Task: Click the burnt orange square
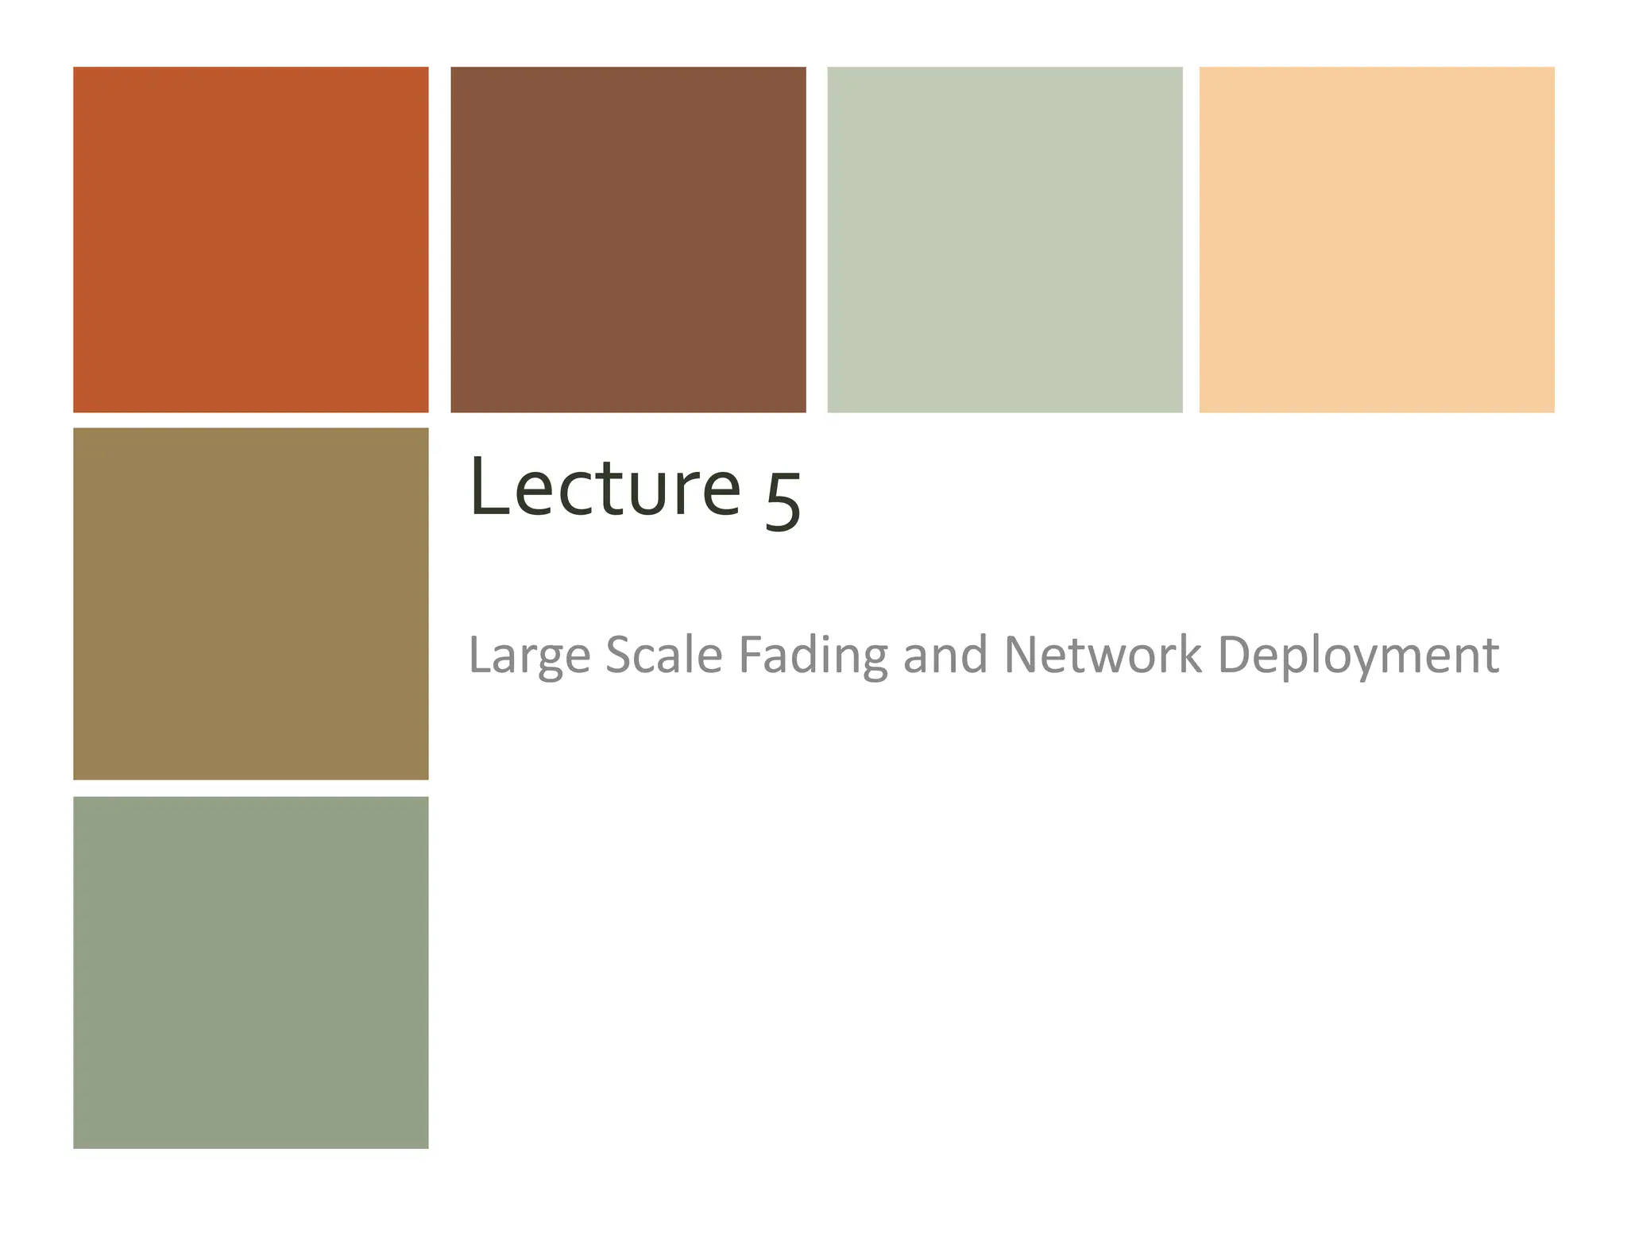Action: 250,239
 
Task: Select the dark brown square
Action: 628,239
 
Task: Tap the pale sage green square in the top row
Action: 1004,239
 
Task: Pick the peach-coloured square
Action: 1376,239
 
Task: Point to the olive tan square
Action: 250,603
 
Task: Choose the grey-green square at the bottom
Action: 250,972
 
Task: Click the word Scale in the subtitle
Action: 663,655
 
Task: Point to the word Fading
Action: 812,656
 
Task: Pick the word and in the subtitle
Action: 945,655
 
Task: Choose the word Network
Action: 1102,655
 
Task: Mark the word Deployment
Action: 1358,656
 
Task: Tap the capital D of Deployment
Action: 1233,655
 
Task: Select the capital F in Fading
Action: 750,655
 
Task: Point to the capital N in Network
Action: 1022,655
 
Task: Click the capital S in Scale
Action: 618,655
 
